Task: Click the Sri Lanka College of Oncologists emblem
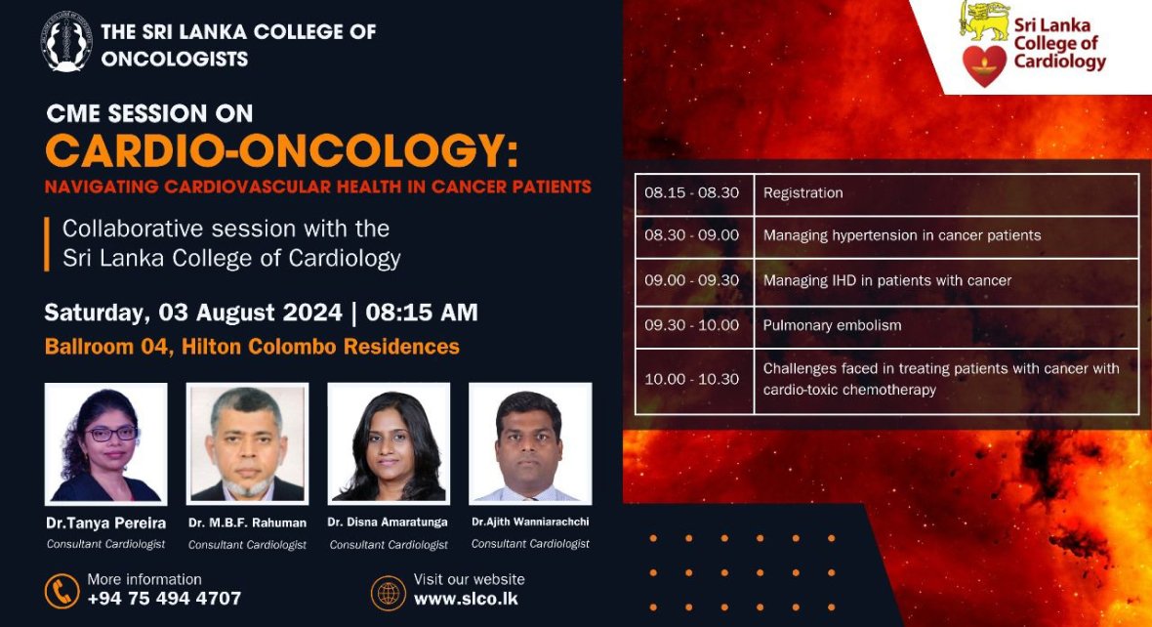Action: tap(66, 42)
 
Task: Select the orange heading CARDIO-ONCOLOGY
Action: tap(281, 150)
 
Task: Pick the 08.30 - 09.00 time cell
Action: tap(691, 235)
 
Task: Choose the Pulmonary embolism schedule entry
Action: tap(832, 325)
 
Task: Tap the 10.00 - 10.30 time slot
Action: tap(691, 379)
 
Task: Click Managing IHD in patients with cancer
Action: tap(886, 280)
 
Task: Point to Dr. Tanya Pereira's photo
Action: tap(105, 444)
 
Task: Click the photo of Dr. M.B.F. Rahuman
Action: tap(248, 444)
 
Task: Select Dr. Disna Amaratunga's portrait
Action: tap(389, 444)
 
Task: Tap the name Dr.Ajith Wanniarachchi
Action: tap(530, 522)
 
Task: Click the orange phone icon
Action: tap(62, 591)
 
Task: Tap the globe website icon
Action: tap(388, 593)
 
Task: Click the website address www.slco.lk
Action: tap(466, 599)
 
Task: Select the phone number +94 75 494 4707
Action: tap(164, 599)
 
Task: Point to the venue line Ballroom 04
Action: tap(252, 346)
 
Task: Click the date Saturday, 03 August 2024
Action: tap(193, 313)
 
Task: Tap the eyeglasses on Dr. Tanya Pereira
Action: tap(111, 434)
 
